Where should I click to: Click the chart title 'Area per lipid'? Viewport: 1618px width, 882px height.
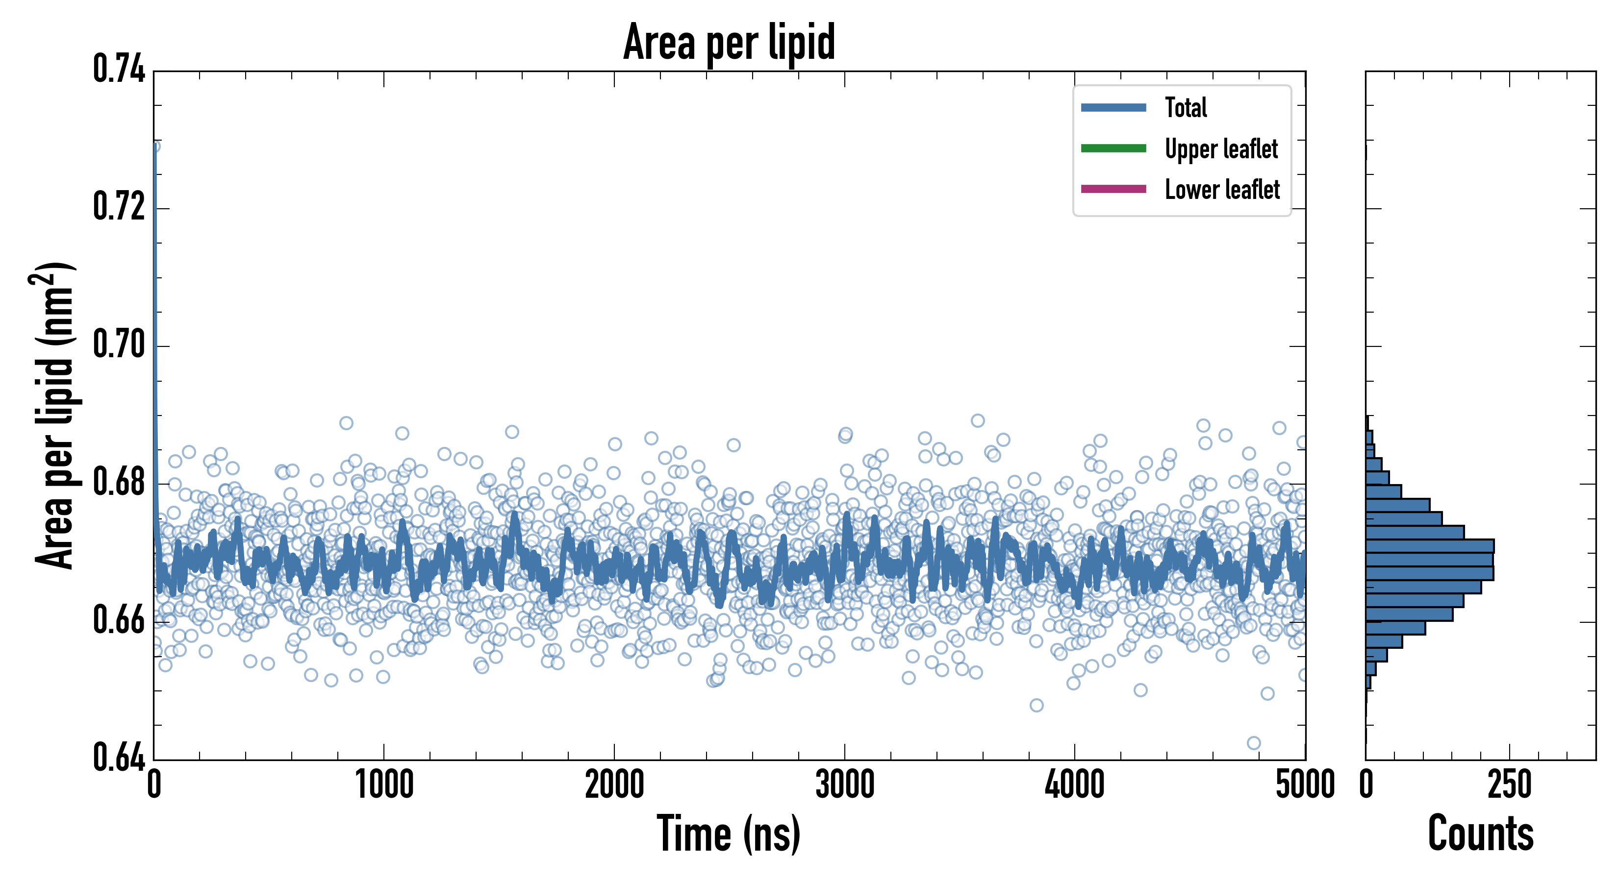(729, 42)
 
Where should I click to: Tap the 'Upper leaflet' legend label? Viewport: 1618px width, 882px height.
(1221, 149)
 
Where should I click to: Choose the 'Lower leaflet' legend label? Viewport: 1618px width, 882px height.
(1222, 189)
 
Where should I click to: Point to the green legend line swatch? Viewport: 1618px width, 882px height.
(1113, 148)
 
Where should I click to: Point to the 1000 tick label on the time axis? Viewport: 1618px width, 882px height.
(384, 784)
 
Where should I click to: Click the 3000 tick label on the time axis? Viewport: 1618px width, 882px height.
(845, 784)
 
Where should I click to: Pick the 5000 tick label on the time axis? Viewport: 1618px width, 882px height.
(1305, 784)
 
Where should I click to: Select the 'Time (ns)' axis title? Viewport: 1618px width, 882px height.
(729, 833)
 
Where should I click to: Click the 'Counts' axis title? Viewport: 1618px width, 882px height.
(1480, 833)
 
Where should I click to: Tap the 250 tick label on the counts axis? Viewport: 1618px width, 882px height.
(1509, 784)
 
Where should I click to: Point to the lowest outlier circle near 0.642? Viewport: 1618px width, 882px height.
(1254, 743)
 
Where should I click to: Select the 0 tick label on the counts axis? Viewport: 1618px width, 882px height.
(1366, 784)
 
